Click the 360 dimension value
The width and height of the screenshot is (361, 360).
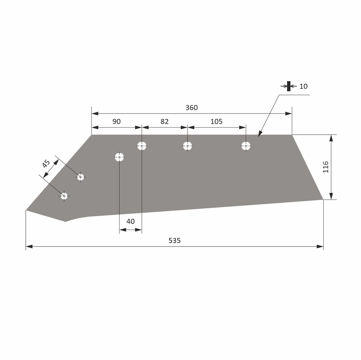pos(191,108)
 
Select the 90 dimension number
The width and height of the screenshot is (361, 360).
pos(116,122)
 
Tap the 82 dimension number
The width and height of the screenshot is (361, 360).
pos(165,122)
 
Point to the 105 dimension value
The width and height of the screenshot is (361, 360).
pos(216,122)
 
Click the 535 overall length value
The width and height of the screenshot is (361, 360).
pos(175,240)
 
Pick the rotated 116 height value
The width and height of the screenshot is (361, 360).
pos(325,167)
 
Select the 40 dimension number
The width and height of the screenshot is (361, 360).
pos(130,221)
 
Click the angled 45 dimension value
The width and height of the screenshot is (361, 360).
pos(46,164)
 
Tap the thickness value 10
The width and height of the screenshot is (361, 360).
pos(304,86)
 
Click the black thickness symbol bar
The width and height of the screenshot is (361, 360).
pos(289,86)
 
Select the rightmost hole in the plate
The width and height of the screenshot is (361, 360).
pos(246,146)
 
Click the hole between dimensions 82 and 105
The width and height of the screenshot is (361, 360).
pos(187,146)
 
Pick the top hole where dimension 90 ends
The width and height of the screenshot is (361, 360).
pos(142,146)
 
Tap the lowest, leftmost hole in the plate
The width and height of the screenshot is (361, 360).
pos(64,196)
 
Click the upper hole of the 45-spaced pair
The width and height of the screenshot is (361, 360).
pos(80,177)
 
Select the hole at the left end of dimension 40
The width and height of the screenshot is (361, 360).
pos(120,157)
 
